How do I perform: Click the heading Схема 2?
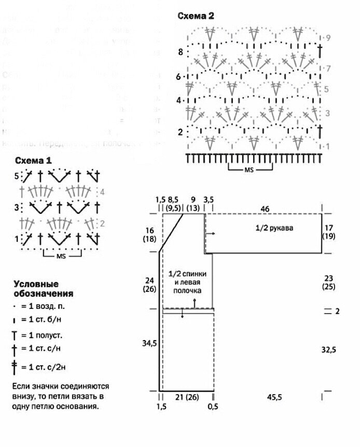pyautogui.click(x=196, y=16)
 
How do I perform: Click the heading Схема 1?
pyautogui.click(x=33, y=160)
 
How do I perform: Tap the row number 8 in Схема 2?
pyautogui.click(x=180, y=52)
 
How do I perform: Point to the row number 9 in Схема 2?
pyautogui.click(x=328, y=38)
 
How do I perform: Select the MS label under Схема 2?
pyautogui.click(x=251, y=169)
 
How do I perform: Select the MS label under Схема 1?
pyautogui.click(x=63, y=255)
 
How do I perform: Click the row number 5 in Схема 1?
pyautogui.click(x=17, y=176)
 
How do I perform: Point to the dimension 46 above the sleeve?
pyautogui.click(x=265, y=208)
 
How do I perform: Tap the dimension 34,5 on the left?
pyautogui.click(x=148, y=344)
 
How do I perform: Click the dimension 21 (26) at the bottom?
pyautogui.click(x=187, y=397)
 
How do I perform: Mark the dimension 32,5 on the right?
pyautogui.click(x=328, y=350)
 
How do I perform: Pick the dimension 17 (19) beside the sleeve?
pyautogui.click(x=329, y=232)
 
